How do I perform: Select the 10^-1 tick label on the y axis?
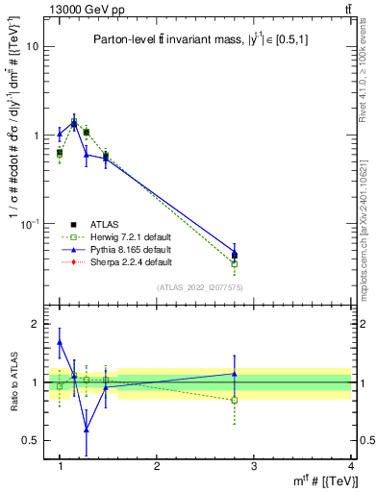pos(31,223)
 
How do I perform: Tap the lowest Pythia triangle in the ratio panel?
pos(87,429)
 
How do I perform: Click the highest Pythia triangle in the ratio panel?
pos(60,341)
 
